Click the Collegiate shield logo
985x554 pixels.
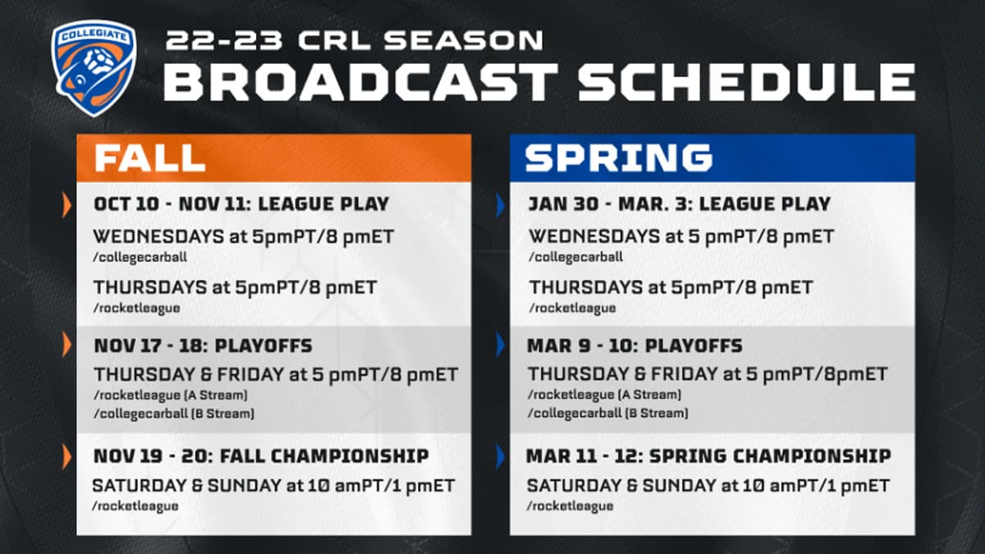[94, 68]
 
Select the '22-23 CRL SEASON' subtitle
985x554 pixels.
[354, 39]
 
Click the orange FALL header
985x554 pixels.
[149, 158]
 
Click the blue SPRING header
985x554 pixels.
[618, 158]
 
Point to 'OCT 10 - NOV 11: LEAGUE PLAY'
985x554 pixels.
[241, 204]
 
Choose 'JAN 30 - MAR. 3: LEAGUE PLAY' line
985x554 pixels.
[679, 204]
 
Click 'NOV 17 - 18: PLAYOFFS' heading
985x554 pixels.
[203, 346]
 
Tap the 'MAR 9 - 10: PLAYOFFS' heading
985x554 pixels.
[634, 346]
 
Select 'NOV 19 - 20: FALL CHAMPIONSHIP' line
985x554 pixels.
[260, 456]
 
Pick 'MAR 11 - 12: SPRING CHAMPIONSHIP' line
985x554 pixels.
[708, 456]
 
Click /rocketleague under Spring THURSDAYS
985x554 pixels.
[571, 308]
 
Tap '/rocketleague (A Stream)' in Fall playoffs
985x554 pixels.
[171, 395]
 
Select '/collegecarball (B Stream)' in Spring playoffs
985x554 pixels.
[608, 413]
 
